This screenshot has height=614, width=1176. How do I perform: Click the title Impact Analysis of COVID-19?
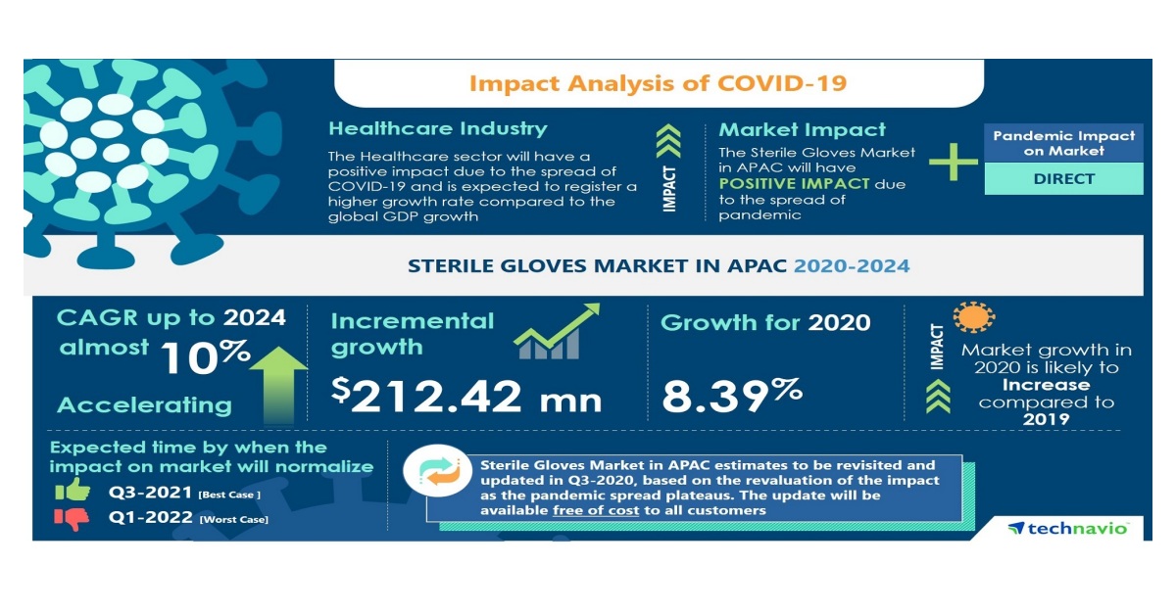click(658, 83)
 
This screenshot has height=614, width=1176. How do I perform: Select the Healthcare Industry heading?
click(438, 129)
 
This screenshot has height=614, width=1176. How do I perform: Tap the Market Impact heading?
click(802, 130)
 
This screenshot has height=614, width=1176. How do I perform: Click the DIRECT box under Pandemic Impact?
click(1063, 179)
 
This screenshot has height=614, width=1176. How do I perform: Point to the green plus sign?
click(952, 161)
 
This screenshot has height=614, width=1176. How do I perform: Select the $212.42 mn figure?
click(466, 395)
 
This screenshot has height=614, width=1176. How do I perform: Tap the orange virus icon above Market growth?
click(973, 316)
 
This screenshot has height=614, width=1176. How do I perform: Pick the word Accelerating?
click(144, 405)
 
